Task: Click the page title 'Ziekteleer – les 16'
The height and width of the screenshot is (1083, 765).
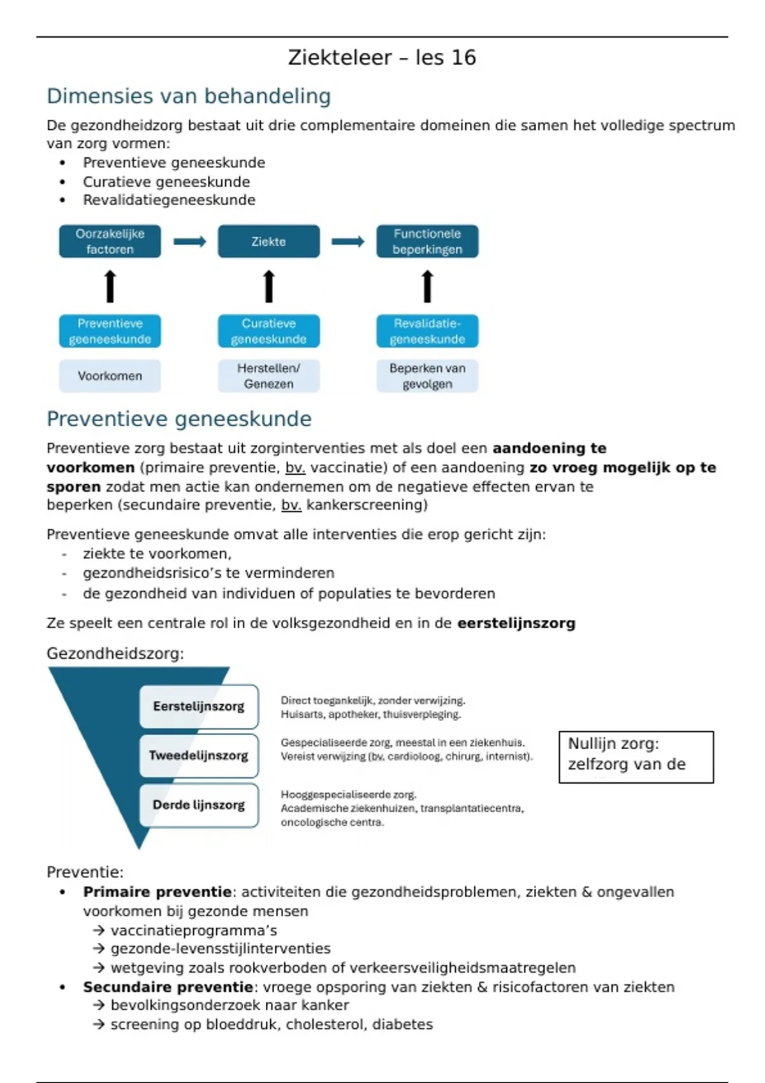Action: (x=382, y=58)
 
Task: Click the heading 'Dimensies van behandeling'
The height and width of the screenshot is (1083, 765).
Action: (x=189, y=96)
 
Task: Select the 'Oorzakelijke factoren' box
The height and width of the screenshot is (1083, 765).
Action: (x=110, y=241)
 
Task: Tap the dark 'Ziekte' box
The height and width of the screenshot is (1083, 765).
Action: (x=268, y=241)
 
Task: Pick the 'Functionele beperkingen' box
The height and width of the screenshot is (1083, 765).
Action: (x=427, y=241)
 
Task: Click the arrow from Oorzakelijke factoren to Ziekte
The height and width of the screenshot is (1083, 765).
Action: (x=190, y=241)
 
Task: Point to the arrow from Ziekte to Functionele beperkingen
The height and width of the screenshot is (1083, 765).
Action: (x=348, y=241)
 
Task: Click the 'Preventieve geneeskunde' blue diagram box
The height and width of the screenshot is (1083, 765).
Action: (x=110, y=331)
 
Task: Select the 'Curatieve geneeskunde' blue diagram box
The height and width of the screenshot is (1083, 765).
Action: (x=268, y=331)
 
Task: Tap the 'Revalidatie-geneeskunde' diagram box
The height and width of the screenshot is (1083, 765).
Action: (x=427, y=331)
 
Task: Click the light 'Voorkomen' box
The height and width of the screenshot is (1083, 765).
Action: (x=110, y=376)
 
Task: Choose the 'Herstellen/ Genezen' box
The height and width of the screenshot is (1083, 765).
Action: (x=268, y=376)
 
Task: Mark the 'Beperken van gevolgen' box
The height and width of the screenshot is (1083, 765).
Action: (x=427, y=376)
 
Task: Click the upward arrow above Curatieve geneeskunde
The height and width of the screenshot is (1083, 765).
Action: (x=269, y=286)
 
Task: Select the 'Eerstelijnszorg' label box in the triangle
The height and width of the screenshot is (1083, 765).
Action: (x=199, y=706)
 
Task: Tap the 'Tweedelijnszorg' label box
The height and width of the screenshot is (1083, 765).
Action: (x=199, y=756)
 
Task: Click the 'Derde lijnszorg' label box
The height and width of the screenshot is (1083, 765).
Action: (x=199, y=805)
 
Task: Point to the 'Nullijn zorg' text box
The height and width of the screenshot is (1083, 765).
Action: (x=636, y=757)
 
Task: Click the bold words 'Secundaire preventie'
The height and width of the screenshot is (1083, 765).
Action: (x=168, y=987)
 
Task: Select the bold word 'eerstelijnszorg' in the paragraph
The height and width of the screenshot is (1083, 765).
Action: (x=516, y=623)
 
